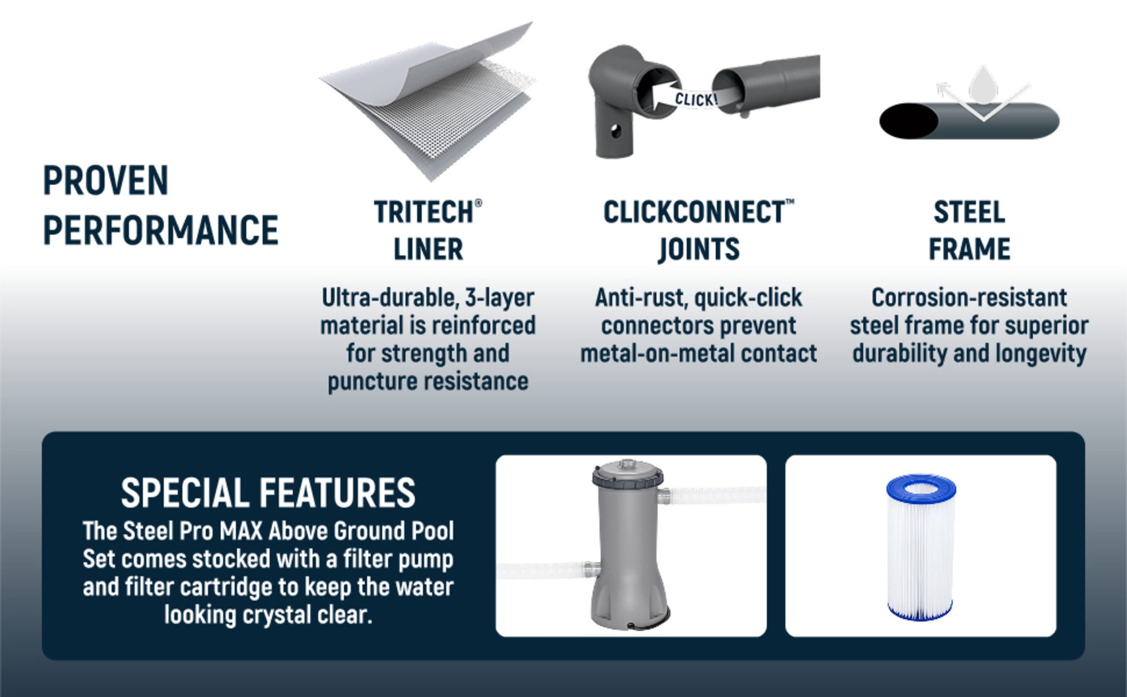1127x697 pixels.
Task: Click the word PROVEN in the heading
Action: (106, 180)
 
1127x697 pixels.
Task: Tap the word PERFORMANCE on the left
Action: (161, 229)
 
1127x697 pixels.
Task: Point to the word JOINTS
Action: (699, 249)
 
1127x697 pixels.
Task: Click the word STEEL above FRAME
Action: (969, 212)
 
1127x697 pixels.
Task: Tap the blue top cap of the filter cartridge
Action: (921, 488)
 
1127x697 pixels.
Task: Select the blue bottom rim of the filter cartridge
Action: (920, 611)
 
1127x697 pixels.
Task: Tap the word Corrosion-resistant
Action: (969, 298)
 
